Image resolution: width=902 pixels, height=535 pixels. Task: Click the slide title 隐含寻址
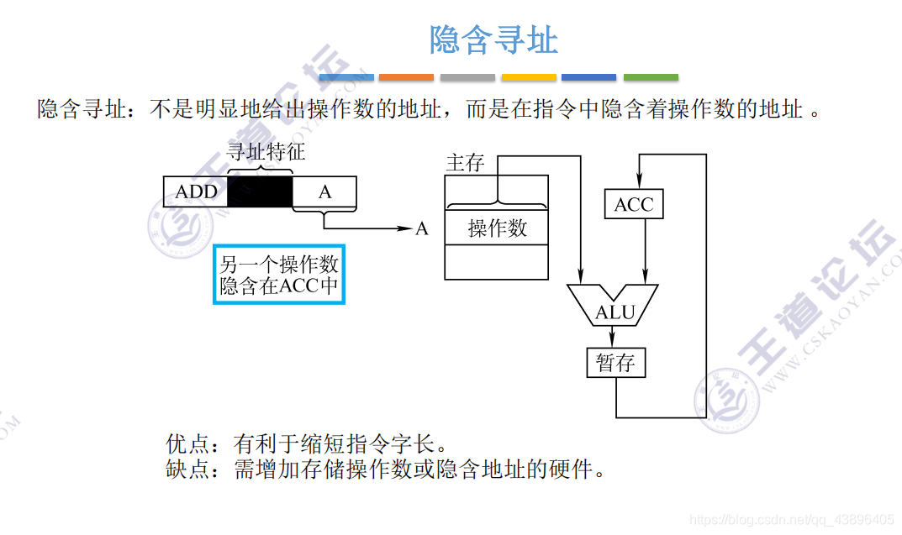click(493, 39)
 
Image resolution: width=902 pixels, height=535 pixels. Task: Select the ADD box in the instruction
click(196, 191)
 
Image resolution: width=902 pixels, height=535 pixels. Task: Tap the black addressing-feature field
click(260, 191)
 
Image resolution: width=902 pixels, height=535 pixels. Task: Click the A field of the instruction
click(324, 191)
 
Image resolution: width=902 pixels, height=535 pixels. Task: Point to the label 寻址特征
click(266, 152)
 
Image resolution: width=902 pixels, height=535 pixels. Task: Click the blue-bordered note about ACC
click(279, 275)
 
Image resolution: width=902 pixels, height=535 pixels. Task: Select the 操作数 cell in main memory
click(497, 228)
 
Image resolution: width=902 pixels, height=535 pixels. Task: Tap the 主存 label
click(465, 162)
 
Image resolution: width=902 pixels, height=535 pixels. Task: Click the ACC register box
click(634, 205)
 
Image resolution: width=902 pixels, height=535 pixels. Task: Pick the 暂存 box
click(615, 363)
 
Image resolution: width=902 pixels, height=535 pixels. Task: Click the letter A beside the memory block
click(422, 228)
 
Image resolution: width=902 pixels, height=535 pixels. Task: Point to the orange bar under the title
click(406, 77)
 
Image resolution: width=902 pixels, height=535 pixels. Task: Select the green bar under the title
click(651, 77)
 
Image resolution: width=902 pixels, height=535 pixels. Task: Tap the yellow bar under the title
click(529, 77)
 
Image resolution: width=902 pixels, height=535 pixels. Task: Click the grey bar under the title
click(467, 77)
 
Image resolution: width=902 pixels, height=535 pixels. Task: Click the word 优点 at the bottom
click(187, 443)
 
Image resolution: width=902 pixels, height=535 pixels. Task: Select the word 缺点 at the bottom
click(187, 469)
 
